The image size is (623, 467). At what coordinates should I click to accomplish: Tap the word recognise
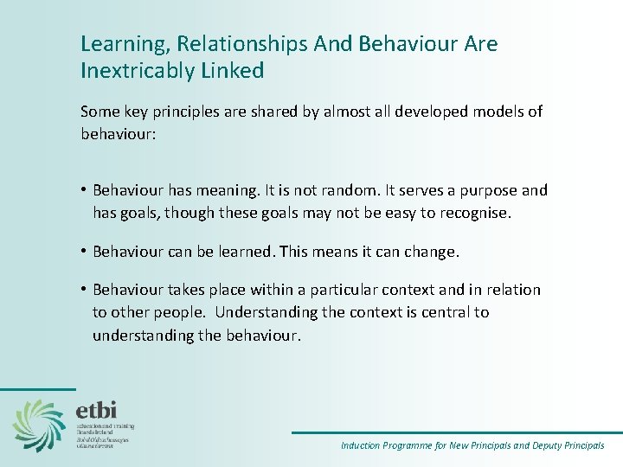coord(472,212)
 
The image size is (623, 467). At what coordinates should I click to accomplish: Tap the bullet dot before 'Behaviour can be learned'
coord(84,251)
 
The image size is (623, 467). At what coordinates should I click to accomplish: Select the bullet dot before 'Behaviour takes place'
coord(84,290)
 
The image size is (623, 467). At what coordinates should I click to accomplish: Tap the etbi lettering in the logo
coord(97,409)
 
